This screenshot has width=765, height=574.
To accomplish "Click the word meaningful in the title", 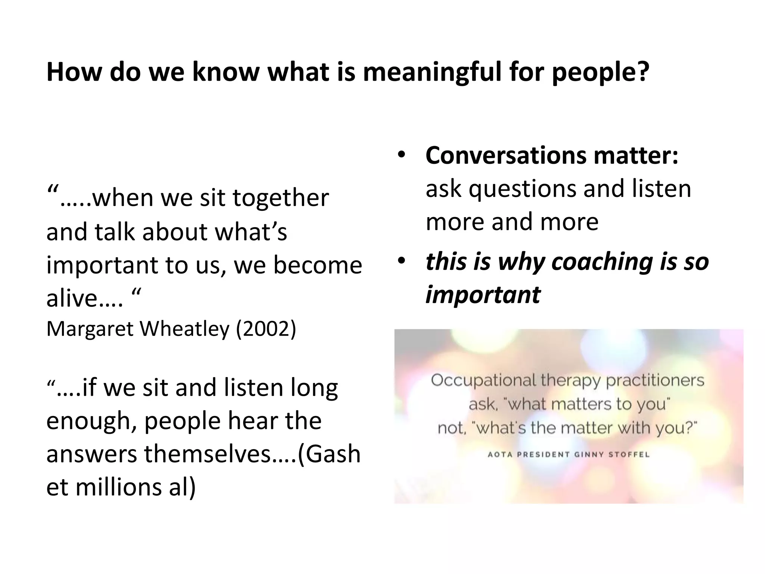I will tap(431, 73).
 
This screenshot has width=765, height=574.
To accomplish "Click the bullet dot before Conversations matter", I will tap(401, 155).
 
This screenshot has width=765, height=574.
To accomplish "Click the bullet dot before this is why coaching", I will tap(401, 261).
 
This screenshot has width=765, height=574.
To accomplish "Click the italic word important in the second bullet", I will tap(483, 294).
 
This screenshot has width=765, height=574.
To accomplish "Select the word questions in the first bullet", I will tap(523, 189).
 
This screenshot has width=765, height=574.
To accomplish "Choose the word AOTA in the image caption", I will tap(499, 455).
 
